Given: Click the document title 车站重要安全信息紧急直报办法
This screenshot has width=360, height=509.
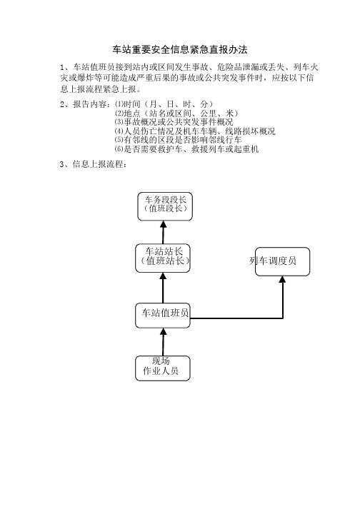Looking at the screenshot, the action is (180, 49).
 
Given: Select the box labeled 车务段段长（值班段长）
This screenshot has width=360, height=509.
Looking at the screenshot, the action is (165, 206).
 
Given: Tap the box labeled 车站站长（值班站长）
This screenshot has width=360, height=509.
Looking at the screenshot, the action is (163, 258).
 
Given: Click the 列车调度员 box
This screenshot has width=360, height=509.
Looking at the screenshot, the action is (282, 262).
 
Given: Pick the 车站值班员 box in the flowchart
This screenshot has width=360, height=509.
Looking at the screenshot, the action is (163, 316).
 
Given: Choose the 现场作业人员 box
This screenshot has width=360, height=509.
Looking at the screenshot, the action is (163, 368).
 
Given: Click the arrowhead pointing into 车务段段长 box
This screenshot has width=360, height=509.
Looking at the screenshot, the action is (164, 224).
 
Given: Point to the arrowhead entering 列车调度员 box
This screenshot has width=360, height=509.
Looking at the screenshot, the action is (283, 280).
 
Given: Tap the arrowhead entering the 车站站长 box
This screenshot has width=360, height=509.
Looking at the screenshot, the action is (164, 276).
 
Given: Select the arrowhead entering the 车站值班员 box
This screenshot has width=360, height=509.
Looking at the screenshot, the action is (164, 331).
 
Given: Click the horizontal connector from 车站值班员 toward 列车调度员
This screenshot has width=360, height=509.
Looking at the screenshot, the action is (236, 318).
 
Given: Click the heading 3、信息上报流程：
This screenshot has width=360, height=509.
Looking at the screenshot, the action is (94, 164).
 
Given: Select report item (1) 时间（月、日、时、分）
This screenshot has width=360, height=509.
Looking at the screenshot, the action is (164, 104).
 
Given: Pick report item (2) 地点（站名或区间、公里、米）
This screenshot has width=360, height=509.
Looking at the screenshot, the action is (176, 113).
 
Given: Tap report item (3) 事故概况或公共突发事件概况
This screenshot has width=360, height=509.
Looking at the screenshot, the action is (174, 122).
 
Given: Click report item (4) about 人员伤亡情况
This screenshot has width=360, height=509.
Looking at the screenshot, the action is (195, 131).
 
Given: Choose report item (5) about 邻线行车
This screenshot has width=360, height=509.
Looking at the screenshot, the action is (178, 140).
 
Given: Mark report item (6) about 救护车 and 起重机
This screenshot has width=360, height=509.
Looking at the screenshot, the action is (186, 149).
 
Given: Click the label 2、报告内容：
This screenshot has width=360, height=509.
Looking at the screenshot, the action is (86, 104).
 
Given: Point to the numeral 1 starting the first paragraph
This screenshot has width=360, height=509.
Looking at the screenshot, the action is (62, 68).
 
